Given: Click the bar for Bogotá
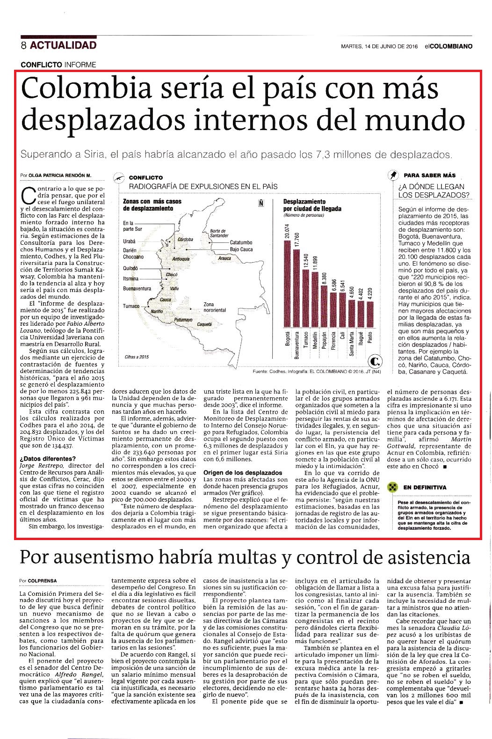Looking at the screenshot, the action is click(287, 284).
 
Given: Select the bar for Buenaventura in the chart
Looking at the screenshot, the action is click(296, 288).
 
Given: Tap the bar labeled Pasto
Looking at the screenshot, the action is click(370, 314).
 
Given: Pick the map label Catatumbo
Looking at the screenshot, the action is click(241, 242).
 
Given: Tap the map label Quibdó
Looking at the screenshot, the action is click(130, 268).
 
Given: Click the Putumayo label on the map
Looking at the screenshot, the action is click(183, 320).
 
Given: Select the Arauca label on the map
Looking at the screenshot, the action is click(224, 258).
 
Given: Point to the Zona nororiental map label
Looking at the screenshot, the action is click(215, 307).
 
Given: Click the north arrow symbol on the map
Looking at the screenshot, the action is click(261, 203).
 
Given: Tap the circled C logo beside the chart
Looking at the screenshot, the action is click(375, 362).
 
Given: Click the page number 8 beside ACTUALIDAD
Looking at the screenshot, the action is click(23, 45).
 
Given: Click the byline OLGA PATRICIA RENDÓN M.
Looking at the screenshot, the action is click(60, 176).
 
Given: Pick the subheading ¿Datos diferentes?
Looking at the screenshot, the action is click(48, 459).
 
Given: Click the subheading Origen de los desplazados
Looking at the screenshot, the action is click(243, 472).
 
